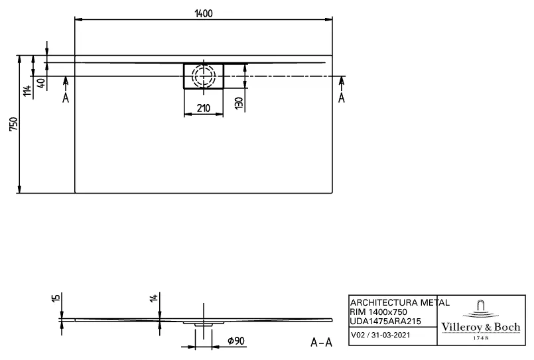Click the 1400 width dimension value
[204, 14]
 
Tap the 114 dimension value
[27, 91]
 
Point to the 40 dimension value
[41, 84]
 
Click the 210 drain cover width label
[203, 109]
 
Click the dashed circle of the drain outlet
[204, 75]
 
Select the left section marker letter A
[65, 98]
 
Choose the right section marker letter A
[342, 98]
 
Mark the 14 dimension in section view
[153, 298]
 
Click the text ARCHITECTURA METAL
[399, 302]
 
